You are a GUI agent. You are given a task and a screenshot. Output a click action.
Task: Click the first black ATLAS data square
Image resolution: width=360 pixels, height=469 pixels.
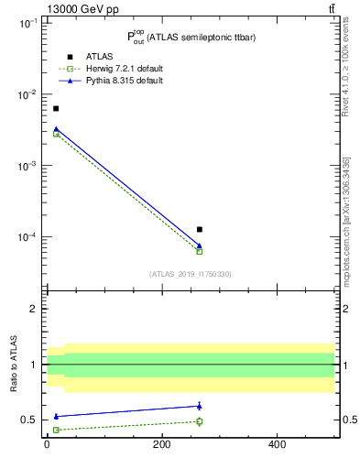tap(55, 108)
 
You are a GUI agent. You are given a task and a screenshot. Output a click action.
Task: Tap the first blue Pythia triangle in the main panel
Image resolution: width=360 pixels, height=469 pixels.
tap(55, 129)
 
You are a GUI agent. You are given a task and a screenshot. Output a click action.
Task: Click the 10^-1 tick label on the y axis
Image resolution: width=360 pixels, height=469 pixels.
tap(27, 25)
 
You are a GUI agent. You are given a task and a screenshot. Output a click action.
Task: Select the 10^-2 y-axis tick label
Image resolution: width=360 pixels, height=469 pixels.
tap(27, 95)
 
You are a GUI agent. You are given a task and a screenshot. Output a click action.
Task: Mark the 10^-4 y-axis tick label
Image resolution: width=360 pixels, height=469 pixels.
tap(27, 237)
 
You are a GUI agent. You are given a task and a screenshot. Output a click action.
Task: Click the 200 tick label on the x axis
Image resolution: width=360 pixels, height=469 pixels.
tap(161, 445)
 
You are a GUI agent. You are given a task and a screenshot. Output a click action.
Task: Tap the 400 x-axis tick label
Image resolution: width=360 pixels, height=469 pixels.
tap(277, 445)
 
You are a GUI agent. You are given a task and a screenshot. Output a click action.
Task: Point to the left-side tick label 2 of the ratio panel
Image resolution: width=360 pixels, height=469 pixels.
tap(34, 309)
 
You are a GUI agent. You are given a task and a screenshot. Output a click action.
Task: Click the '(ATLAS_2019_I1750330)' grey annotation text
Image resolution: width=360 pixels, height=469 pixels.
tap(190, 274)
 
